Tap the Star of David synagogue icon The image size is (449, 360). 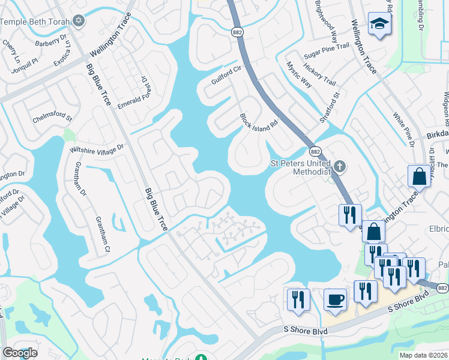click(x=79, y=21)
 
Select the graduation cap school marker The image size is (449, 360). click(x=379, y=24)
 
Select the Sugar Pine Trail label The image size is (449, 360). click(x=326, y=46)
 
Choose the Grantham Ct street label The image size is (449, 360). click(x=100, y=232)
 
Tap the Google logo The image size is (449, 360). click(x=20, y=353)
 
